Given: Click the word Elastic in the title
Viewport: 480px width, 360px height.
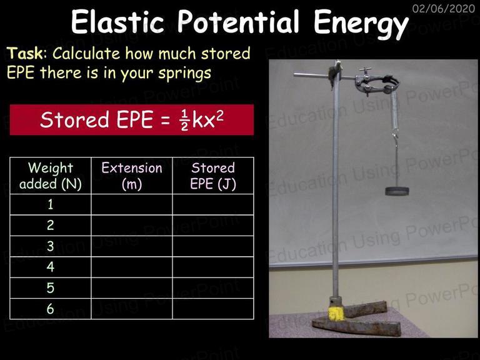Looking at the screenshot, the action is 117,21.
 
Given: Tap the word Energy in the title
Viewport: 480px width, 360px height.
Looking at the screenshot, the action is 361,24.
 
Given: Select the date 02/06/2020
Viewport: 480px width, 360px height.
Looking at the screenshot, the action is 444,8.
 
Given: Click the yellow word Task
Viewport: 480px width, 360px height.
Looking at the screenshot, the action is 25,53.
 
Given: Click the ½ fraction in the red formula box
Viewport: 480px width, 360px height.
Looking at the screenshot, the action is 184,120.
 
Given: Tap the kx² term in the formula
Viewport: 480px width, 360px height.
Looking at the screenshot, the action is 207,119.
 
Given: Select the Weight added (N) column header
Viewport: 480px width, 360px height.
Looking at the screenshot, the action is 51,176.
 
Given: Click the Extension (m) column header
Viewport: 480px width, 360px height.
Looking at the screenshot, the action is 132,176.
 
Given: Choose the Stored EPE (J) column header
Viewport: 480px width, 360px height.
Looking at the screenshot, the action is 213,176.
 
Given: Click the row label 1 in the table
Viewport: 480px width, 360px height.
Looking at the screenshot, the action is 51,204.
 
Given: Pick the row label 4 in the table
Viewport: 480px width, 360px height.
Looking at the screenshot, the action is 51,267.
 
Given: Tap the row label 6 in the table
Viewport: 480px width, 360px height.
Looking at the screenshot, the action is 51,309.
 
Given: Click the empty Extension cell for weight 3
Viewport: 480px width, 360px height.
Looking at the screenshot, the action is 132,246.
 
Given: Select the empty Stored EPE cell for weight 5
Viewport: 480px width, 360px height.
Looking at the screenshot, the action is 213,287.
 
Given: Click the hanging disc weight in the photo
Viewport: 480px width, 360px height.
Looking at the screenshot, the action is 397,191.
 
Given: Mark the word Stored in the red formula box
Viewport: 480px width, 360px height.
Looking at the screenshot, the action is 74,120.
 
